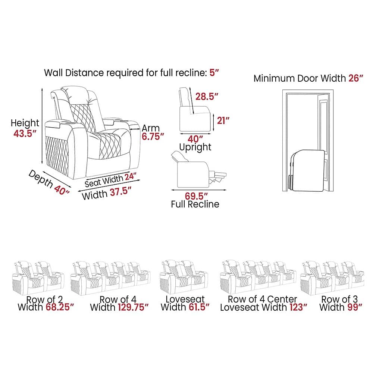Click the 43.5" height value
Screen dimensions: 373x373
(25, 134)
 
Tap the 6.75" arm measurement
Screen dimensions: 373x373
(153, 137)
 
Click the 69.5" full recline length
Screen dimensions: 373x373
(196, 196)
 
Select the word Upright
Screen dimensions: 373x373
(195, 147)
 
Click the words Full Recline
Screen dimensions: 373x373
(195, 204)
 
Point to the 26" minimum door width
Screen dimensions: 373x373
(355, 78)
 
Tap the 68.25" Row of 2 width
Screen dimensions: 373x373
(60, 307)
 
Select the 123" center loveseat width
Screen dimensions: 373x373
(297, 307)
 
